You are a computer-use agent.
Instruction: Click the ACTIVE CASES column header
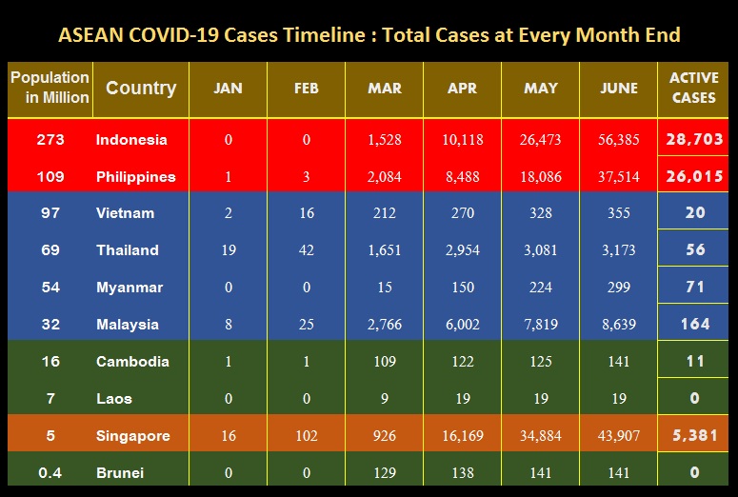coord(694,88)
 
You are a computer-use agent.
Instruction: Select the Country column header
coord(140,88)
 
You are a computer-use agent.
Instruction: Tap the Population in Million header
coord(50,88)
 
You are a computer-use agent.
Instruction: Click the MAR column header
coord(385,88)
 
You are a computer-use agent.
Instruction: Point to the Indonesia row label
coord(131,140)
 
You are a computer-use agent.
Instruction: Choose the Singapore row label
coord(132,436)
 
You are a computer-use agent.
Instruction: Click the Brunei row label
coord(122,472)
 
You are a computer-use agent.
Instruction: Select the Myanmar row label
coord(130,288)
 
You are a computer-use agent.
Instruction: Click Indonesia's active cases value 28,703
coord(695,139)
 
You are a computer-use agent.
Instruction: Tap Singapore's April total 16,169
coord(462,436)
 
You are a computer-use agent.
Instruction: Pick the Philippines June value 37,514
coord(619,177)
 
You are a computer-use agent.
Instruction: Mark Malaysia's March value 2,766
coord(385,325)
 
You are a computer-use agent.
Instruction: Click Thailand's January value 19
coord(228,250)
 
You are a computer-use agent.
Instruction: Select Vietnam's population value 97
coord(50,213)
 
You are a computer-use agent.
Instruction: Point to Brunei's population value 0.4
coord(50,472)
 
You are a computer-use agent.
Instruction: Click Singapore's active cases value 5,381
coord(695,435)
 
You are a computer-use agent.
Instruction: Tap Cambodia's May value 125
coord(541,362)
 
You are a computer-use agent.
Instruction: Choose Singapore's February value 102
coord(307,436)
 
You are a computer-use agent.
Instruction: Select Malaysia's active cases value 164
coord(695,324)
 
